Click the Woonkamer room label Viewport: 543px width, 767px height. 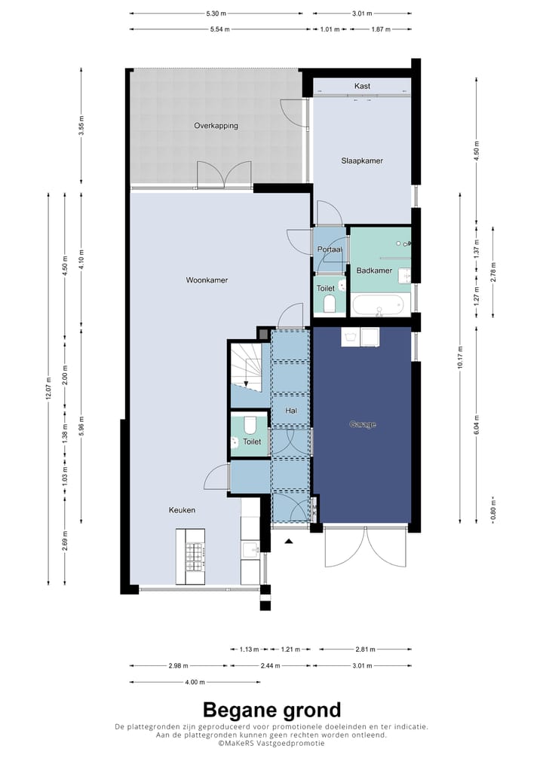click(x=207, y=280)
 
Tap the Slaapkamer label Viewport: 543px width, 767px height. click(x=362, y=160)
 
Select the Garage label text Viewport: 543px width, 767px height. click(x=363, y=424)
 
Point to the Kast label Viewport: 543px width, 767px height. click(x=362, y=86)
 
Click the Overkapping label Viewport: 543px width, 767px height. click(x=216, y=126)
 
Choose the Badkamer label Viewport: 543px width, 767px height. click(x=374, y=270)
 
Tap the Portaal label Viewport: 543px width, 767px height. click(x=330, y=249)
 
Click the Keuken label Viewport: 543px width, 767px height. click(x=183, y=510)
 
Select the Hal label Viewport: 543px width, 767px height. click(x=291, y=411)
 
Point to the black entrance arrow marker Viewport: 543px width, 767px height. click(x=289, y=541)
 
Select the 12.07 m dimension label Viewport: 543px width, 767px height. click(x=48, y=389)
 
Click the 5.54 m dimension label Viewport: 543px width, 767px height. click(x=220, y=29)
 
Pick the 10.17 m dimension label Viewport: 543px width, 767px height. click(x=460, y=358)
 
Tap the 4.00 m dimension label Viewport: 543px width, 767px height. click(x=195, y=682)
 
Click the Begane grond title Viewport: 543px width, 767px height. click(x=271, y=709)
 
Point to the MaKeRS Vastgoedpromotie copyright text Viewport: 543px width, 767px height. click(x=271, y=743)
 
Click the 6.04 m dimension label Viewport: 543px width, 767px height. click(x=477, y=425)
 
